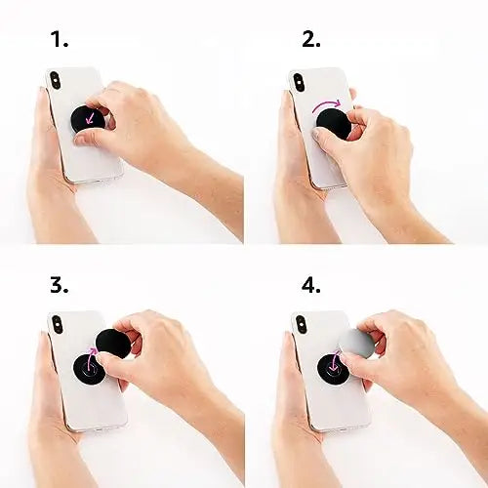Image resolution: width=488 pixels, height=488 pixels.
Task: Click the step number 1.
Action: pos(60,40)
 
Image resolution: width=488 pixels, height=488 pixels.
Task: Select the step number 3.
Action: pos(60,285)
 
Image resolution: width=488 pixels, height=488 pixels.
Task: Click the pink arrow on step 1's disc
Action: pos(91,119)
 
